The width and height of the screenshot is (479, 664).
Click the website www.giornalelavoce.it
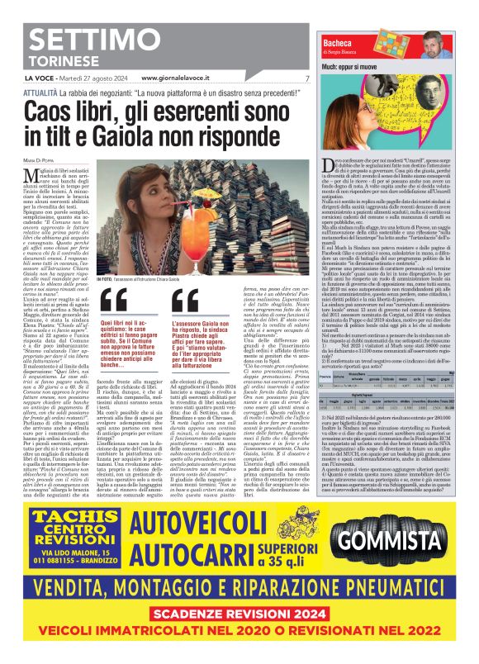coord(183,78)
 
